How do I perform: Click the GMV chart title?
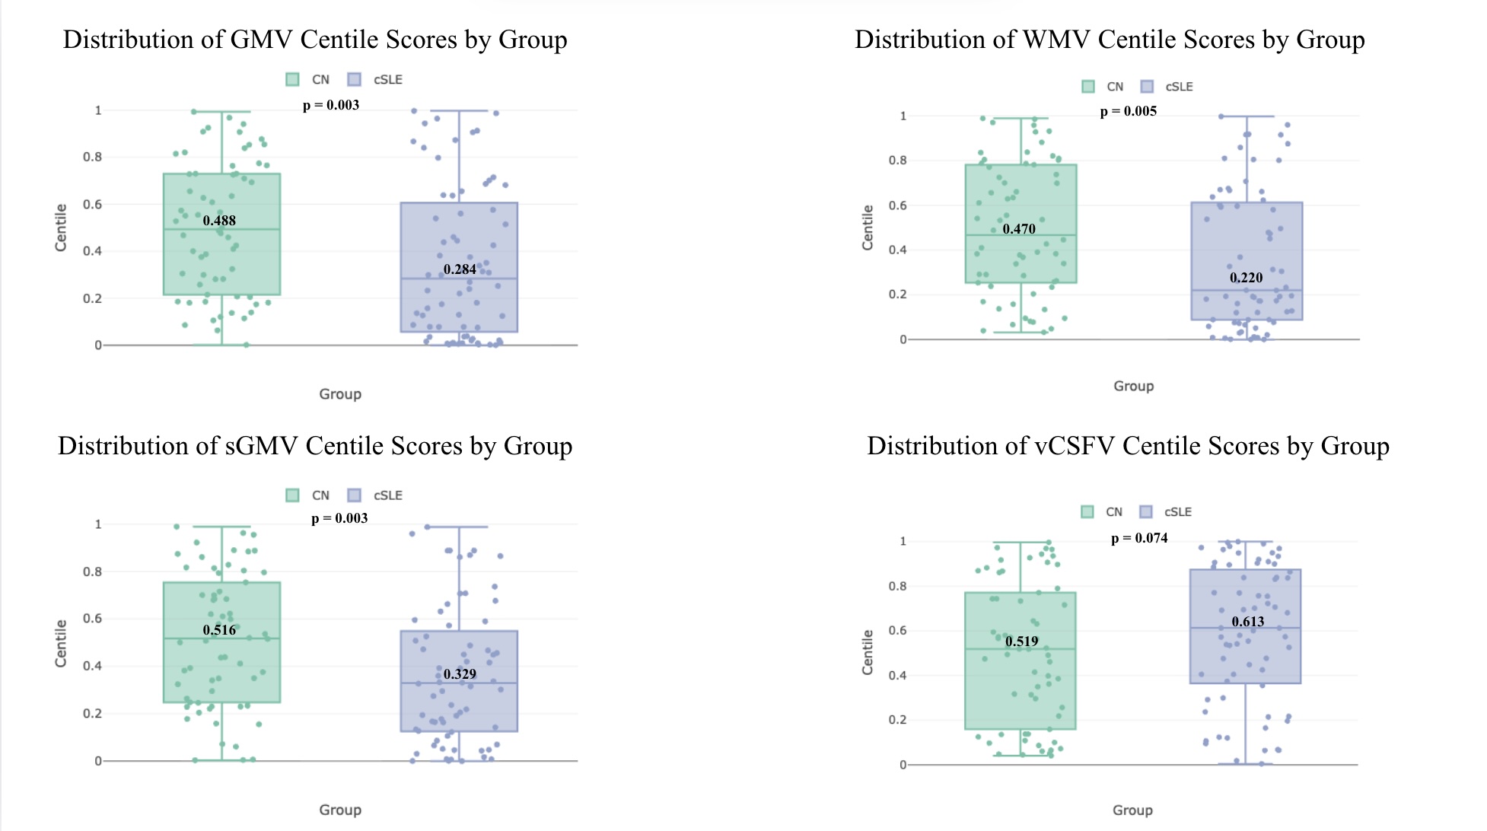pyautogui.click(x=315, y=40)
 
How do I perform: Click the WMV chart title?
pyautogui.click(x=1110, y=40)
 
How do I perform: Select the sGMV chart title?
pyautogui.click(x=315, y=446)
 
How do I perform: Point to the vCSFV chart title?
pyautogui.click(x=1128, y=446)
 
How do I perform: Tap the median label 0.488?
pyautogui.click(x=219, y=221)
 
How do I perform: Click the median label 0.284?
pyautogui.click(x=460, y=269)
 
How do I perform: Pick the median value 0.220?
pyautogui.click(x=1246, y=278)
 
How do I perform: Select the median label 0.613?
pyautogui.click(x=1248, y=622)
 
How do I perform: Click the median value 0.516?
pyautogui.click(x=219, y=630)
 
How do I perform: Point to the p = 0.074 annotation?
pyautogui.click(x=1139, y=538)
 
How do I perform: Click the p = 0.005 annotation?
pyautogui.click(x=1128, y=111)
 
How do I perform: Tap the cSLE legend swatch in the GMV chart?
pyautogui.click(x=354, y=80)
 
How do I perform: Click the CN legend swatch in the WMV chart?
pyautogui.click(x=1088, y=87)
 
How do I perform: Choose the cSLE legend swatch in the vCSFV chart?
pyautogui.click(x=1146, y=512)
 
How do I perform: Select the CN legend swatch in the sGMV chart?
pyautogui.click(x=292, y=495)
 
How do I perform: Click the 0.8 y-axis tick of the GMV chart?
pyautogui.click(x=92, y=157)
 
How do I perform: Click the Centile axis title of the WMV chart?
pyautogui.click(x=867, y=228)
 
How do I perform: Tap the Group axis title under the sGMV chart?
pyautogui.click(x=340, y=810)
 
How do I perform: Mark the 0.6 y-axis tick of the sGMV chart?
pyautogui.click(x=92, y=619)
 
